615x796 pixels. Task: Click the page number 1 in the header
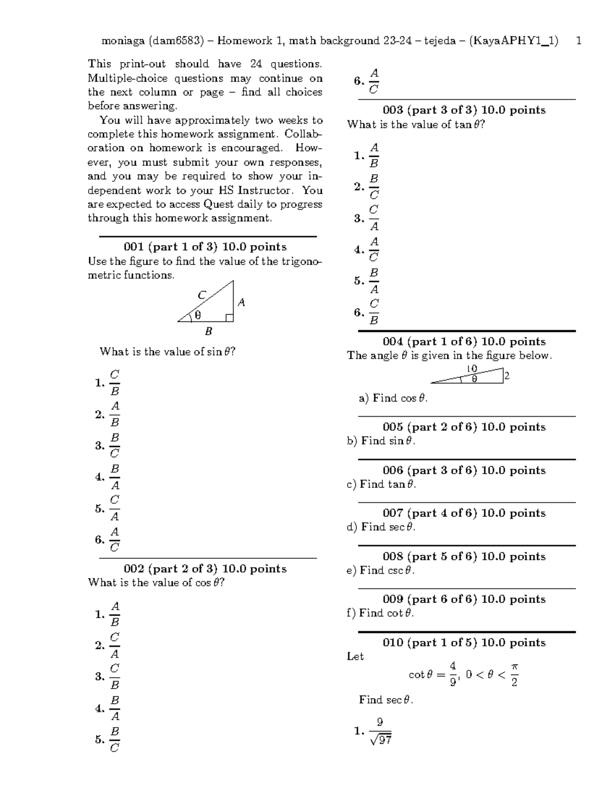[579, 40]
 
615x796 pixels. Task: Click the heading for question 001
[205, 247]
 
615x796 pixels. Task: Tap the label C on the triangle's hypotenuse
[201, 295]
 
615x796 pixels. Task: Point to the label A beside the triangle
[241, 303]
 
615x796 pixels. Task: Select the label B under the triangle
[209, 332]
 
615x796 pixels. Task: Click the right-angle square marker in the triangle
[229, 318]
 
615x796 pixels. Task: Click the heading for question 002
[205, 568]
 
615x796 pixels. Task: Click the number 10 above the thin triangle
[471, 369]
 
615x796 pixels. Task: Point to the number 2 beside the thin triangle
[507, 376]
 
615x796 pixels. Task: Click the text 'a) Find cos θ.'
[393, 398]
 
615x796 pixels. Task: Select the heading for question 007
[464, 513]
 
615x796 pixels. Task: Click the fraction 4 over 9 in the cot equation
[453, 674]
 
